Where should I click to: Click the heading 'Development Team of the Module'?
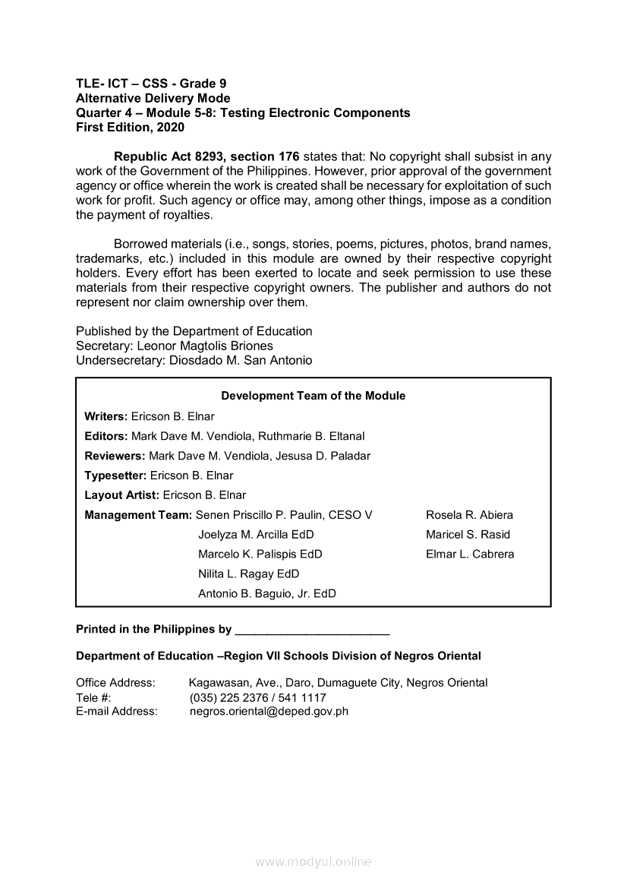(x=313, y=396)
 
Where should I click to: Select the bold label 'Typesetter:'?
(x=115, y=476)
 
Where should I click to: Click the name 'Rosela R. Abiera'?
(x=469, y=515)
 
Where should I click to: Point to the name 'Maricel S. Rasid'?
(x=468, y=535)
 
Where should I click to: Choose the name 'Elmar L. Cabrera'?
(x=470, y=555)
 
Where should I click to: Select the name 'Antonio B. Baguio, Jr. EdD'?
(x=266, y=594)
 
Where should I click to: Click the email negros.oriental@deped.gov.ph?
(x=269, y=712)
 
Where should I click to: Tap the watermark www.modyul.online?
(x=313, y=862)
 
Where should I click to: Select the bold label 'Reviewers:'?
(x=115, y=456)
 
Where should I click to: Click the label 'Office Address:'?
(x=115, y=683)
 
